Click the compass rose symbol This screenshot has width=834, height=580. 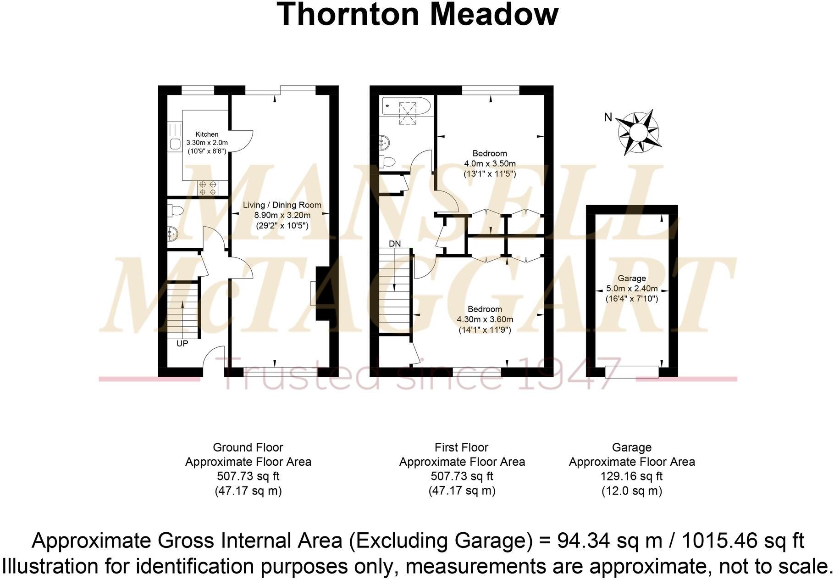pos(638,133)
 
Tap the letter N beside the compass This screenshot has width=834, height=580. pos(608,117)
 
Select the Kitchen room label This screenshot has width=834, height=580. pos(207,134)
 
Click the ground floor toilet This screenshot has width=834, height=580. pos(175,211)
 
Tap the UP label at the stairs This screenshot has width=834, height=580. pos(182,343)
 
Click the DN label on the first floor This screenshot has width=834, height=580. pos(395,244)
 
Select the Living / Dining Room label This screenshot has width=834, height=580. pos(282,205)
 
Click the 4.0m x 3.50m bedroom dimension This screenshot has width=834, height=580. pos(490,164)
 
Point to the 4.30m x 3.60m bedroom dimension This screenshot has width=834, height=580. pos(485,319)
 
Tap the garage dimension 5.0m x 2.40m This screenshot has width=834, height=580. pos(632,289)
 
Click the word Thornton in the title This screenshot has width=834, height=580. pos(348,15)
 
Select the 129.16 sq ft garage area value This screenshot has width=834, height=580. pos(631,476)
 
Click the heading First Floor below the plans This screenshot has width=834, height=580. pos(461,447)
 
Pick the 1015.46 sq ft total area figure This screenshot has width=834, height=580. pos(743,541)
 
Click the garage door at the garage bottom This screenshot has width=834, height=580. pos(632,371)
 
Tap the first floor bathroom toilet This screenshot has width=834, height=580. pos(388,162)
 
